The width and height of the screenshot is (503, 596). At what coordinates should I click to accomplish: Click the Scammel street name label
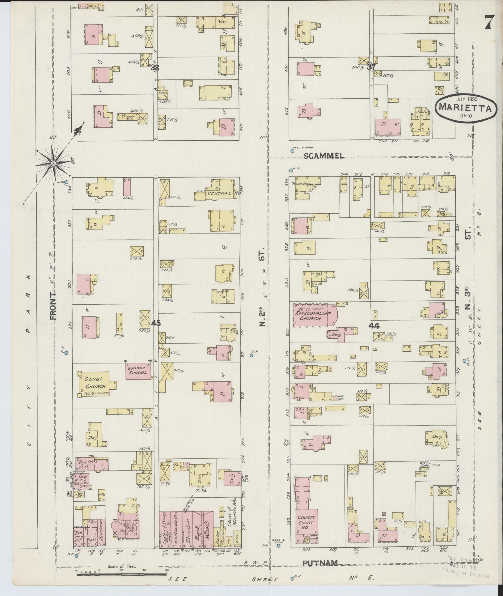324,156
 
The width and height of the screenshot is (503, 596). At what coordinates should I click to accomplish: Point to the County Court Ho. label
306,522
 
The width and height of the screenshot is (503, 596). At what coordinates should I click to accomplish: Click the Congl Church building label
95,384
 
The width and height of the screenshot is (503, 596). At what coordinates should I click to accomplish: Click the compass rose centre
54,163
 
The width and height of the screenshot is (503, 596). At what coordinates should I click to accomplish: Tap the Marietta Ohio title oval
467,109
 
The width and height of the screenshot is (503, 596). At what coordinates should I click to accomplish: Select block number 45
156,323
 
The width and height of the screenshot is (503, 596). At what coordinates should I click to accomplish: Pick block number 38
155,67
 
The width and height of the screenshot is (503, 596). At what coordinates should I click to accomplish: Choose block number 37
371,66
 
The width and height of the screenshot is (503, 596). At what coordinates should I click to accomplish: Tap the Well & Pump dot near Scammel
292,151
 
